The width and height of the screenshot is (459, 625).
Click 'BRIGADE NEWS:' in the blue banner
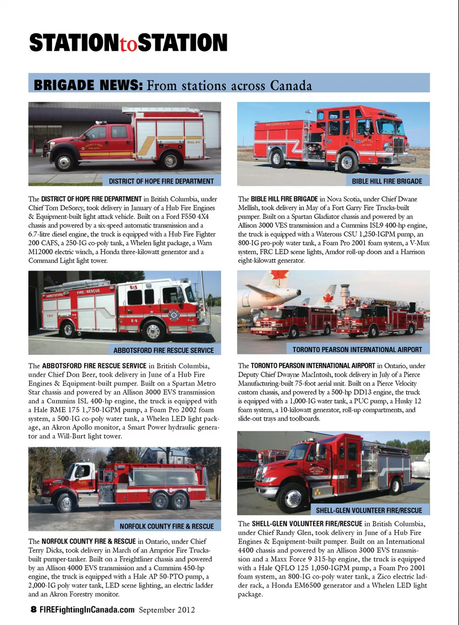[x=88, y=85]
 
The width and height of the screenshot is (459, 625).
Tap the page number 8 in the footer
[x=33, y=609]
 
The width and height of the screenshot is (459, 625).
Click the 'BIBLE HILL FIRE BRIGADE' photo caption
[x=387, y=181]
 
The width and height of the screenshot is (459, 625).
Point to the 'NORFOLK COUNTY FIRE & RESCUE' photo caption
[x=166, y=526]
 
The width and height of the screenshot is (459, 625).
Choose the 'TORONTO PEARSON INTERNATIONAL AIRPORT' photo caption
[x=357, y=349]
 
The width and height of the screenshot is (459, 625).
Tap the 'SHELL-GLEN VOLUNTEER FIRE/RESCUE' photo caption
[x=369, y=511]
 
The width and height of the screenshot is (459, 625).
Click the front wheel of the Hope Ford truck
[x=65, y=161]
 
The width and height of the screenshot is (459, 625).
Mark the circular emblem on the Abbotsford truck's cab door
[x=174, y=315]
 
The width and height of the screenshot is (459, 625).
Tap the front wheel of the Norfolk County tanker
[x=66, y=503]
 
